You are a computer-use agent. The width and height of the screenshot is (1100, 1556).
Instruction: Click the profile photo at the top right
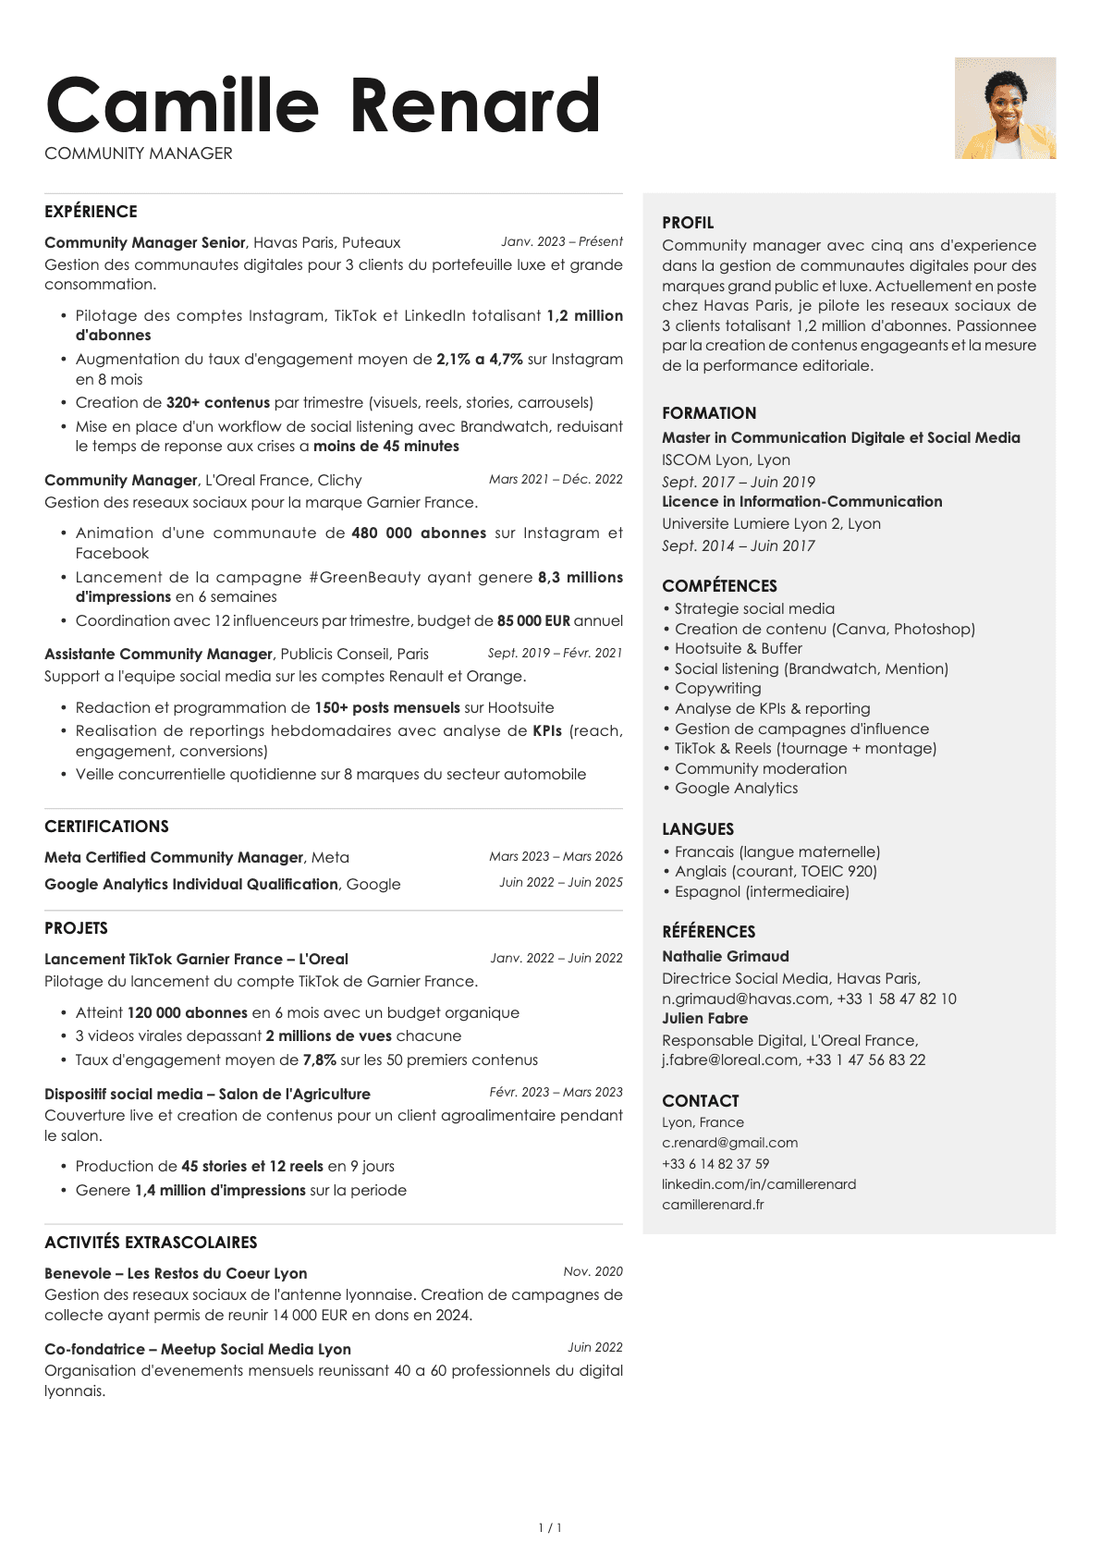1005,108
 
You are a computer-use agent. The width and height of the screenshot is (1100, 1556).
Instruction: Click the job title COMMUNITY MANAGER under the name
139,153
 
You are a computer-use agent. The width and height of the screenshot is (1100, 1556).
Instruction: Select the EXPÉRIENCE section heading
91,212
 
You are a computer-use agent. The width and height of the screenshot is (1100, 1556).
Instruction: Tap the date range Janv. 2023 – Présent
562,241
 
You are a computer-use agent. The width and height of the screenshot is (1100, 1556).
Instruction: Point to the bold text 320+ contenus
218,403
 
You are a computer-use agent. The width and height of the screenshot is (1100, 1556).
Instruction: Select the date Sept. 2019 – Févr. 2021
555,653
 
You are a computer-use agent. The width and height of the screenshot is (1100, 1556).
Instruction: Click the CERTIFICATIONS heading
106,827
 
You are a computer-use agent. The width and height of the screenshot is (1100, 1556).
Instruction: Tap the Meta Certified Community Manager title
174,858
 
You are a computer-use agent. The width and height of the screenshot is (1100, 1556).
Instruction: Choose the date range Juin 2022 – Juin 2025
561,882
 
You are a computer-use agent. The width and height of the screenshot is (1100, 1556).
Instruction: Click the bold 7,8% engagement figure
319,1060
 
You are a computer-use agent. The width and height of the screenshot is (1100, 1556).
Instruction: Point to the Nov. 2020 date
593,1271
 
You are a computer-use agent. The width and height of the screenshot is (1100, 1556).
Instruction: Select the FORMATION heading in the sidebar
709,413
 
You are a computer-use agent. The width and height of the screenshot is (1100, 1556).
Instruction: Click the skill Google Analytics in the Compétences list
736,789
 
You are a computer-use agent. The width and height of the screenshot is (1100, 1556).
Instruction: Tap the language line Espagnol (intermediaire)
762,892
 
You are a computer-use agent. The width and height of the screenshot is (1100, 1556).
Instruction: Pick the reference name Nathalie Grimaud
726,957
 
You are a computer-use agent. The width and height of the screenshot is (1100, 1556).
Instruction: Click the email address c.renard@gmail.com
729,1143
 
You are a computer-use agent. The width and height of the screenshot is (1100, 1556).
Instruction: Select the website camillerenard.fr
713,1205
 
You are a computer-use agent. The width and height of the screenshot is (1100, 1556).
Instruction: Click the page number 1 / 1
550,1528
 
